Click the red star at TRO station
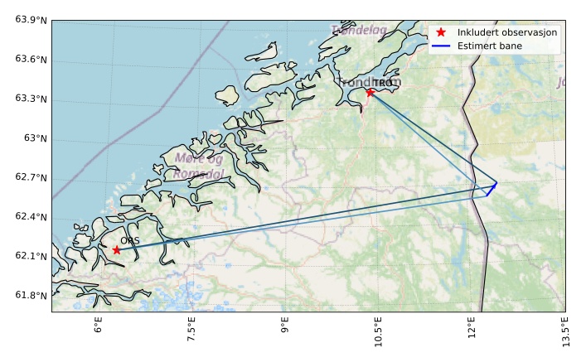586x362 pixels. pyautogui.click(x=370, y=92)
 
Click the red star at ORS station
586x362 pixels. pyautogui.click(x=117, y=249)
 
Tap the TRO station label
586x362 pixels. pyautogui.click(x=382, y=83)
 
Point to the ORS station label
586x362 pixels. pyautogui.click(x=129, y=241)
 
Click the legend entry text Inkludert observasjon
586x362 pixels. pyautogui.click(x=507, y=31)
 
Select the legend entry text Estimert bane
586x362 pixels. pyautogui.click(x=490, y=46)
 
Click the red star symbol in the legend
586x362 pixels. pyautogui.click(x=441, y=31)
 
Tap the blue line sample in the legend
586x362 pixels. pyautogui.click(x=441, y=46)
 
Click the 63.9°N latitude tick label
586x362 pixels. pyautogui.click(x=31, y=20)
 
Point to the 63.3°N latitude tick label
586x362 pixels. pyautogui.click(x=31, y=99)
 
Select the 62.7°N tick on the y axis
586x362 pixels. pyautogui.click(x=31, y=177)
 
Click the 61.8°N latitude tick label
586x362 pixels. pyautogui.click(x=31, y=296)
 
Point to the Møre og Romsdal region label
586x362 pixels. pyautogui.click(x=198, y=166)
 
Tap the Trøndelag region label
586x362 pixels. pyautogui.click(x=359, y=31)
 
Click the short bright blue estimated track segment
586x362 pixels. pyautogui.click(x=492, y=189)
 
